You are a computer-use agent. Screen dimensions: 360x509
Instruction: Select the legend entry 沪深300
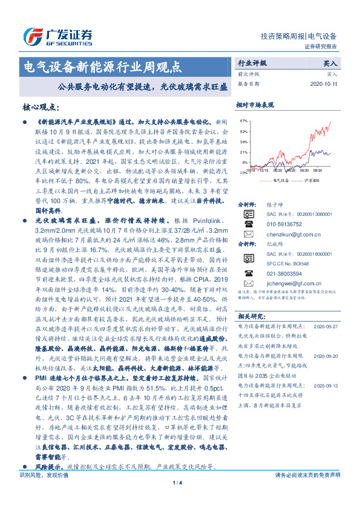pyautogui.click(x=316, y=180)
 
